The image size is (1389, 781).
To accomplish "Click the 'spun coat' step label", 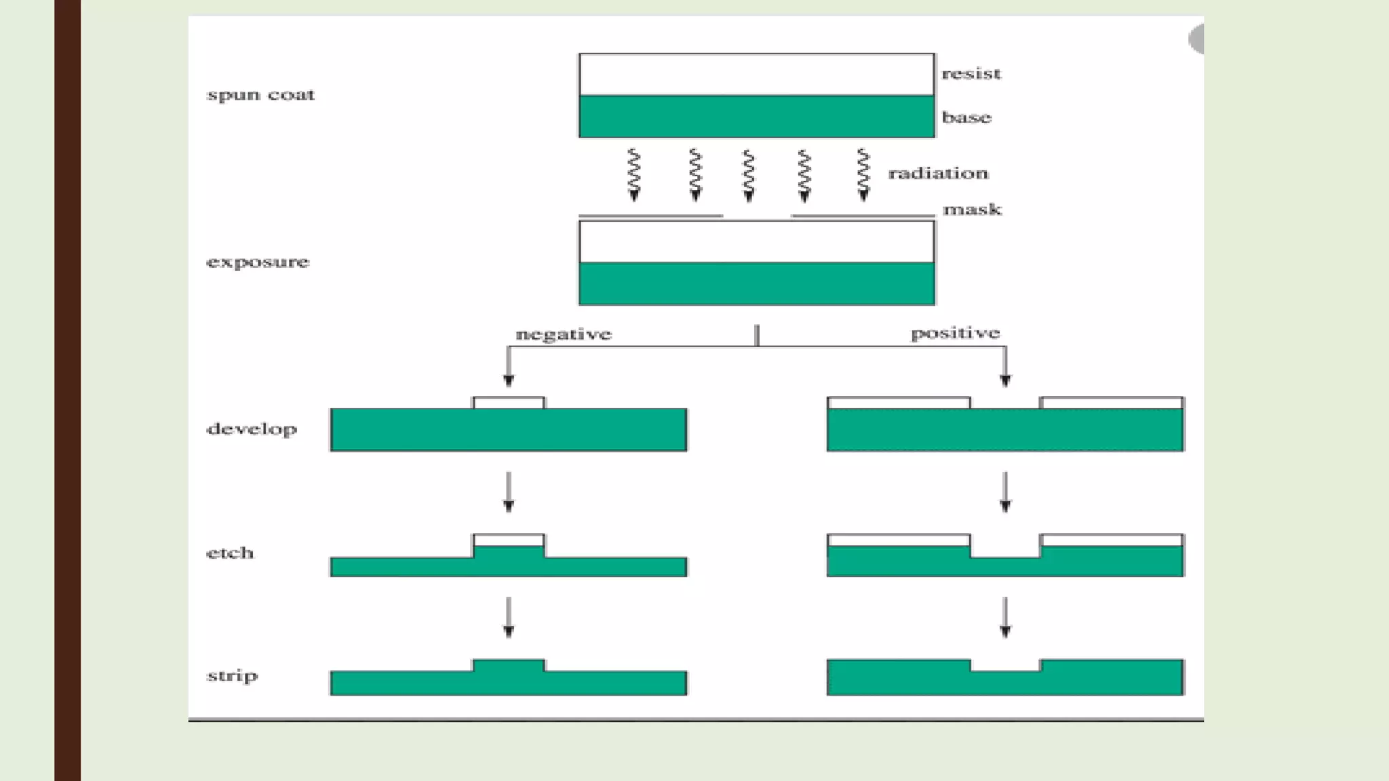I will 260,94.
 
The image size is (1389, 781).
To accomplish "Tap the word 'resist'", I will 971,73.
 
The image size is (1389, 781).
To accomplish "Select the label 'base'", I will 966,117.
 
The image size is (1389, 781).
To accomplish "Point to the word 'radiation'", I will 938,174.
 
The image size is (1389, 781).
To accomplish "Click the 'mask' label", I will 972,209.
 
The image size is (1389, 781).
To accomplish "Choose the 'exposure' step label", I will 258,262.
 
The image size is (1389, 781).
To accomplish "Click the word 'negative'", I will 563,334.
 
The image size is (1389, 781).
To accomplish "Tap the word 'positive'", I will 955,333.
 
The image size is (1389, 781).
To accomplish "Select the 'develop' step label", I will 252,429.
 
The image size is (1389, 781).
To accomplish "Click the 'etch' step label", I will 230,553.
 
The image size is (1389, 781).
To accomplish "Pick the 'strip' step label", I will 232,676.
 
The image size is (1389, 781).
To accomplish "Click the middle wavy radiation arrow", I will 749,175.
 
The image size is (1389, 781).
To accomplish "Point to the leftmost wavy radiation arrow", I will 634,175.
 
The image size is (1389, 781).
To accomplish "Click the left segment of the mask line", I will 650,216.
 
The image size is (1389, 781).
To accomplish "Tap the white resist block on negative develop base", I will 509,403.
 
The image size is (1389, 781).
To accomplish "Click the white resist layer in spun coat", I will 756,75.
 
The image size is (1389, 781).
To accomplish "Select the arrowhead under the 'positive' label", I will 1005,381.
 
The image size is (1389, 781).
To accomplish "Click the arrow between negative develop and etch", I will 509,491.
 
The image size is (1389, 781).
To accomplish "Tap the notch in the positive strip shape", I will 1005,665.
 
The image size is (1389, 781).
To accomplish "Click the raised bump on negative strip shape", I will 509,666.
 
